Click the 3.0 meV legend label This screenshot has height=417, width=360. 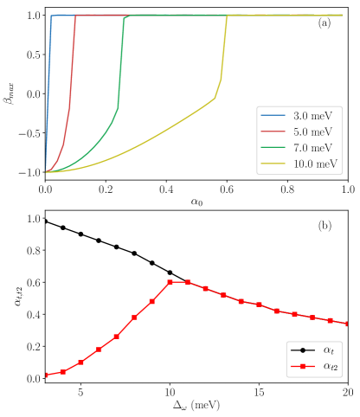[312, 116]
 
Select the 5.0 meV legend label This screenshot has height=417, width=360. [312, 132]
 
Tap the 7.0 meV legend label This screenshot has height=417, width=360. [312, 147]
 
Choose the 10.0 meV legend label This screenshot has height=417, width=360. [315, 163]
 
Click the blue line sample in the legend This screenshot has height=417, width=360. [273, 116]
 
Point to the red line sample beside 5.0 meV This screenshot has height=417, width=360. [273, 132]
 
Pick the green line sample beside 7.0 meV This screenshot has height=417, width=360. [273, 147]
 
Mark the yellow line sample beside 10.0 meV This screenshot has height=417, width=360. [273, 163]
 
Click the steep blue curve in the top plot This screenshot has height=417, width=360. [49, 87]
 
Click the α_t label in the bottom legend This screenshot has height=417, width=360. [329, 350]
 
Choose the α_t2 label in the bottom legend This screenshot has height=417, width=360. [331, 367]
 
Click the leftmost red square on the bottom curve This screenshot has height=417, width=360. [46, 375]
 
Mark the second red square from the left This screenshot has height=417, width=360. [63, 372]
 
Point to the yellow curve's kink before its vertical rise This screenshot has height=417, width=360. [215, 98]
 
